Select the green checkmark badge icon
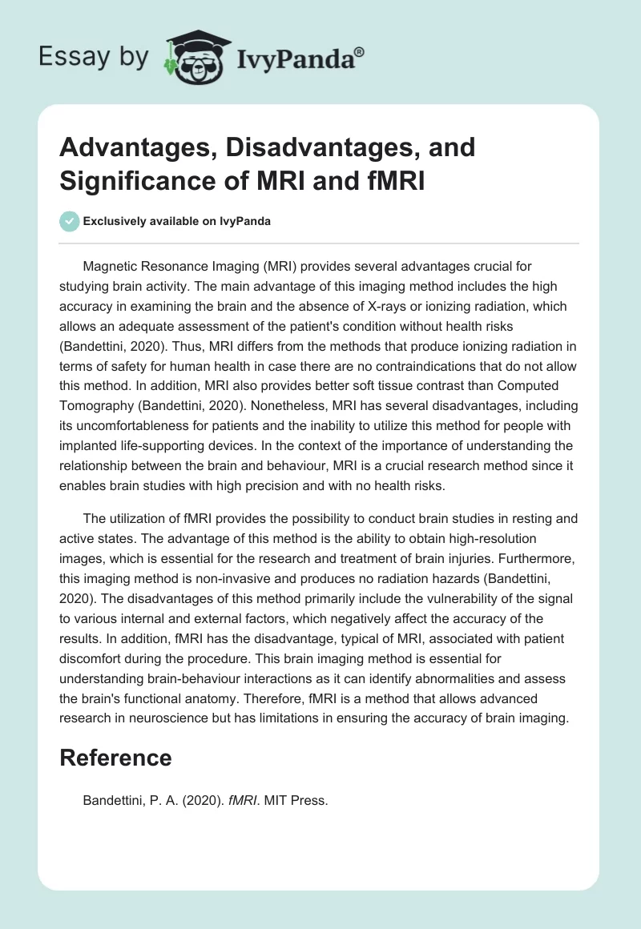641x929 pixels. point(69,221)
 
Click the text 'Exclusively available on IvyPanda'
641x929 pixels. point(176,221)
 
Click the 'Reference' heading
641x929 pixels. point(115,758)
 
